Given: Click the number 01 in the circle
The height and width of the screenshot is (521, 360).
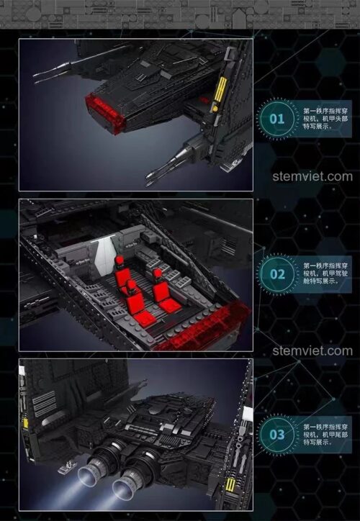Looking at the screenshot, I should [276, 118].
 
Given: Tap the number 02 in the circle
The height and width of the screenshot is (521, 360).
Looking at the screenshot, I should [277, 274].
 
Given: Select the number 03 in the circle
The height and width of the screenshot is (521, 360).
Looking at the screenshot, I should [277, 435].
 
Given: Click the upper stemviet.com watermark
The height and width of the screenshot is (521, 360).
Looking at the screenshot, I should [312, 176].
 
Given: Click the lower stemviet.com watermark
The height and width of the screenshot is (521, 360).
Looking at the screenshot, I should [312, 351].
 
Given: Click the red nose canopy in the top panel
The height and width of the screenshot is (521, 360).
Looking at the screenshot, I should [106, 112].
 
